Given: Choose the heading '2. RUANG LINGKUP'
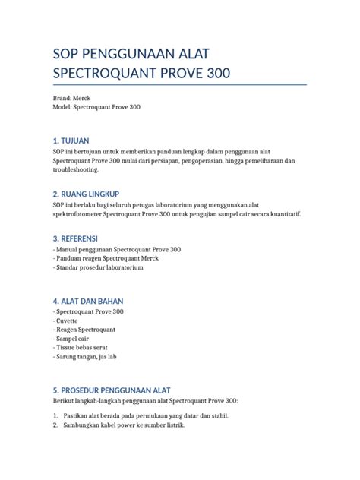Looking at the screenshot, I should (93, 194).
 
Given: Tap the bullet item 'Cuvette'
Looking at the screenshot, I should (68, 321).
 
